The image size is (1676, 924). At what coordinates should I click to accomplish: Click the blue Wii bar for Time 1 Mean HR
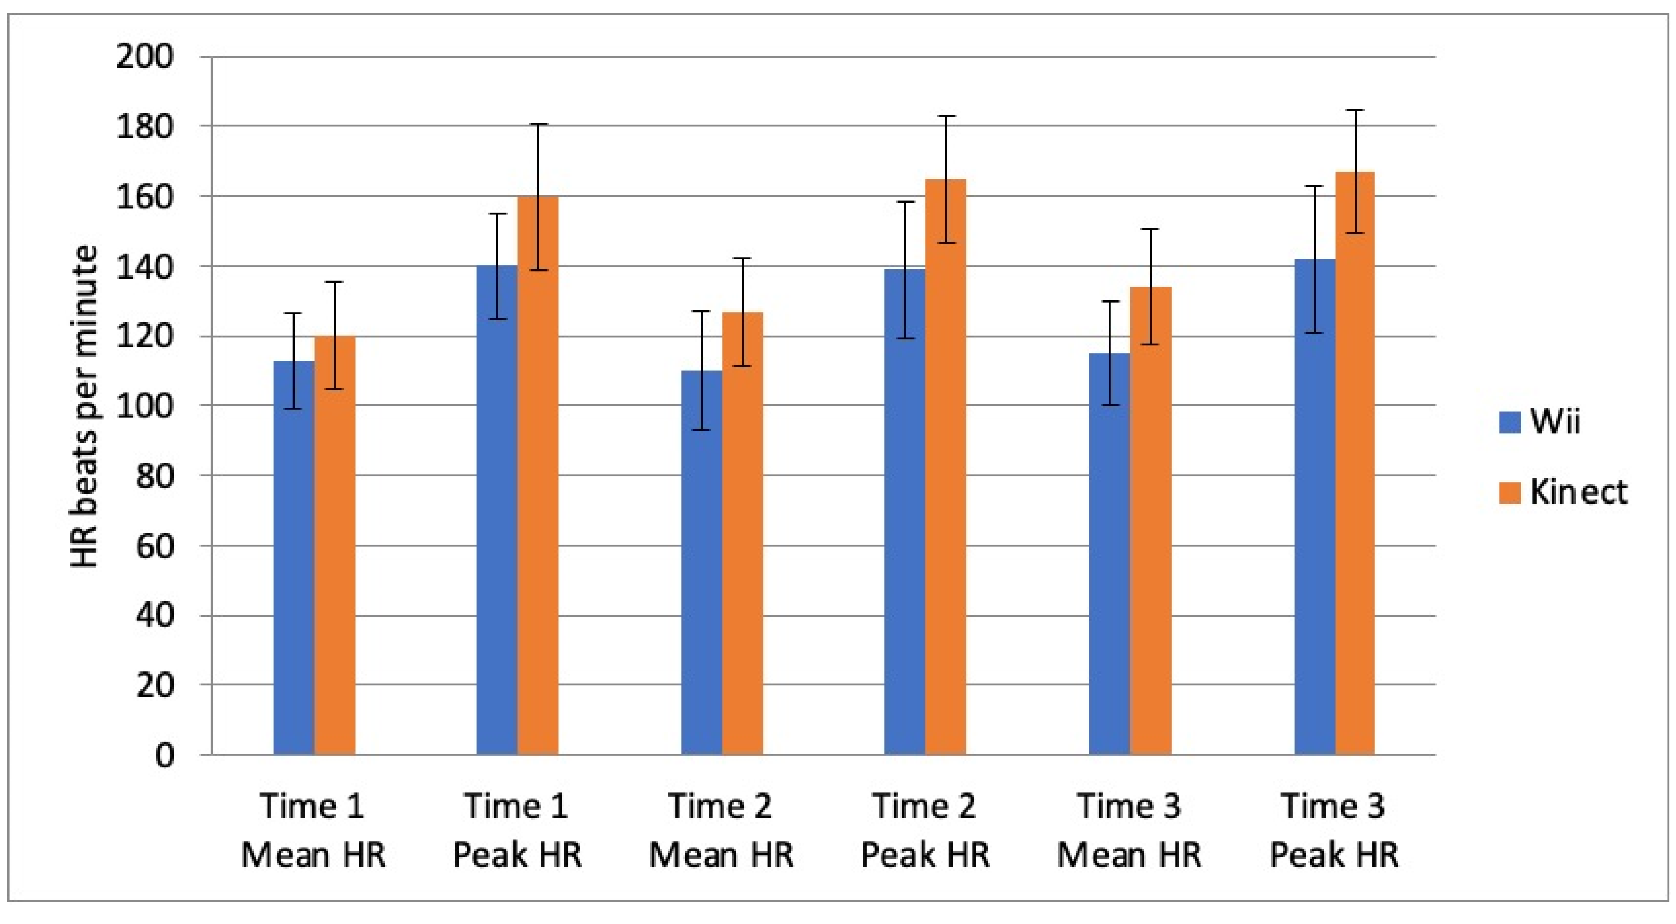[x=294, y=559]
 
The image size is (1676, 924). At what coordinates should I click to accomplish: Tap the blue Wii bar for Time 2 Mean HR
[x=701, y=566]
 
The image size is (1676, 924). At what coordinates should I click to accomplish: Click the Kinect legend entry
[x=1561, y=493]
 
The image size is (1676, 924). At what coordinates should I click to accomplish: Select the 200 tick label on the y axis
[x=145, y=57]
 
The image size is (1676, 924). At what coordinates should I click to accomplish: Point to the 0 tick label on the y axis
[x=165, y=756]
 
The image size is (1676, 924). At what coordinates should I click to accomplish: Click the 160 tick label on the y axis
[x=145, y=196]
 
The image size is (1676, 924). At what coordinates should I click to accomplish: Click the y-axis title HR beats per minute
[x=85, y=407]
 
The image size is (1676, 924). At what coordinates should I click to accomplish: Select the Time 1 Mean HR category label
[x=313, y=830]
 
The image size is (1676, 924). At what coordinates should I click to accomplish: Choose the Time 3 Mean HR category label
[x=1129, y=830]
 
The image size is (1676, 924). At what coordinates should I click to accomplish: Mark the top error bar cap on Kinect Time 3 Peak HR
[x=1355, y=111]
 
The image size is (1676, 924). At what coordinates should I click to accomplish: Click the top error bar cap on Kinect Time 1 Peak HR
[x=538, y=124]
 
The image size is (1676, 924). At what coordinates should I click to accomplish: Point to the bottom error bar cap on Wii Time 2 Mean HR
[x=701, y=430]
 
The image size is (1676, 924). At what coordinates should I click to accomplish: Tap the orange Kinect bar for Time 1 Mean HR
[x=335, y=547]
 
